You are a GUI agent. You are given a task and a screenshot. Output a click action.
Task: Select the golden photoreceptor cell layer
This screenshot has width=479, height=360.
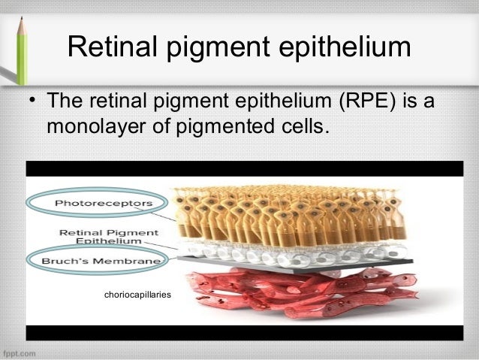[285, 210]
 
